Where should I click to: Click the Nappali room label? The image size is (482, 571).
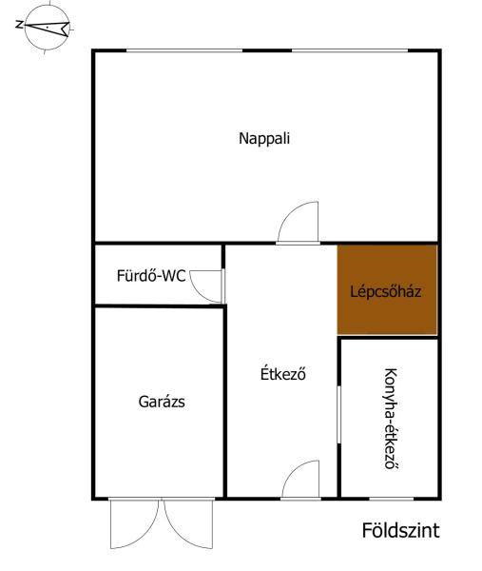pyautogui.click(x=264, y=139)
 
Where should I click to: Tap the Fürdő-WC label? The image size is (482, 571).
pyautogui.click(x=151, y=276)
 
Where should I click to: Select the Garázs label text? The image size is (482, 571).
pyautogui.click(x=162, y=402)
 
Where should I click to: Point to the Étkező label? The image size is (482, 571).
pyautogui.click(x=282, y=374)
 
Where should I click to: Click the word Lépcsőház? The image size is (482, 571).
pyautogui.click(x=386, y=291)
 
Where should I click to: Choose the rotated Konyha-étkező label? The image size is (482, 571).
pyautogui.click(x=391, y=419)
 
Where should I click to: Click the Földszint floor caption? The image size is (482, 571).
pyautogui.click(x=400, y=530)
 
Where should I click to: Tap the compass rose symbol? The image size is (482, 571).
pyautogui.click(x=47, y=27)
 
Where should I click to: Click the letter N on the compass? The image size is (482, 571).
pyautogui.click(x=19, y=25)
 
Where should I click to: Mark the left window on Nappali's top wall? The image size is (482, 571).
pyautogui.click(x=184, y=51)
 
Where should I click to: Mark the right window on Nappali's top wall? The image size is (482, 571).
pyautogui.click(x=350, y=51)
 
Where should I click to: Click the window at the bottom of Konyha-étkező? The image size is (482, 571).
pyautogui.click(x=392, y=498)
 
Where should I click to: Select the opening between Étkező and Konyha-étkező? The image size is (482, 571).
pyautogui.click(x=338, y=415)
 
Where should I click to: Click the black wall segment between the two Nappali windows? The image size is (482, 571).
pyautogui.click(x=267, y=50)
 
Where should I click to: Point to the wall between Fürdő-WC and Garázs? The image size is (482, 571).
pyautogui.click(x=159, y=305)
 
